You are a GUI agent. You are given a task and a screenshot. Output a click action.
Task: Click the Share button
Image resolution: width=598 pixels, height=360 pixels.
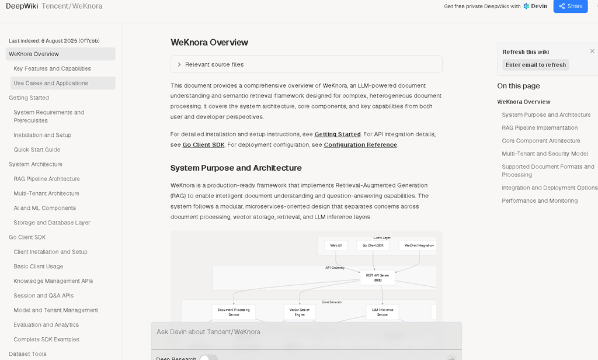[x=570, y=6]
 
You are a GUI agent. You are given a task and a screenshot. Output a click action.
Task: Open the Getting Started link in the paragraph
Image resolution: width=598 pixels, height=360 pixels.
[x=338, y=134]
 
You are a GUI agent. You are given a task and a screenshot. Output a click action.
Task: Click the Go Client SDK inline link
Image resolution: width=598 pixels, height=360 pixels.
[x=203, y=145]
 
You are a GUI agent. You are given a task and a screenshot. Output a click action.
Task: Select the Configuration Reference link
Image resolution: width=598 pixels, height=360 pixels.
[x=360, y=145]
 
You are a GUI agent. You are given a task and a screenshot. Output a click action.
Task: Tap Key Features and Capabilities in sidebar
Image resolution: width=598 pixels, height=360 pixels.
[x=52, y=69]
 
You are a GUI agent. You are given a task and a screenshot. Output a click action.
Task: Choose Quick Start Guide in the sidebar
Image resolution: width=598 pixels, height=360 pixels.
[x=37, y=150]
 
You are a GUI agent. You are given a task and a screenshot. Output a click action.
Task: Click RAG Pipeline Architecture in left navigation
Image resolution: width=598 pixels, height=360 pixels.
[x=47, y=179]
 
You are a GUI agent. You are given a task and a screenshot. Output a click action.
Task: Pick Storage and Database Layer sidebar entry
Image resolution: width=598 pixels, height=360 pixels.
[x=52, y=223]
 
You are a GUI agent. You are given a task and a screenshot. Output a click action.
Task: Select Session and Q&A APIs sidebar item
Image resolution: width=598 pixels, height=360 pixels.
[x=44, y=296]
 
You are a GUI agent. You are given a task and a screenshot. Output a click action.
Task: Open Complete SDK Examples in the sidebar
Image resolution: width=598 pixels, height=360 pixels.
[x=46, y=340]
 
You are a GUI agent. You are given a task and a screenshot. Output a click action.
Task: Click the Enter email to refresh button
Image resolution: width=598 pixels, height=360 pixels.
[x=536, y=65]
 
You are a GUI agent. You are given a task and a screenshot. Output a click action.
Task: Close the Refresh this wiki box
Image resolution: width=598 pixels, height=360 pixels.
[x=592, y=51]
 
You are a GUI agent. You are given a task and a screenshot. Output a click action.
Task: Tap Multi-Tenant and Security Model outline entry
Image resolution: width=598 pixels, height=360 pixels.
[x=545, y=154]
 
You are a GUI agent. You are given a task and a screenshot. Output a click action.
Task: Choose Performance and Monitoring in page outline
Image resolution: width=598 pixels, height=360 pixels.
[x=540, y=201]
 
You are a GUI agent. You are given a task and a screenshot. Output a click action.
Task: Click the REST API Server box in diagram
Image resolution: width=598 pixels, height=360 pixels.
[x=377, y=278]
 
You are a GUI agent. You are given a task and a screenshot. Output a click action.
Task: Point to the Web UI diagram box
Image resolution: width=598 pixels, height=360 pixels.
[x=336, y=245]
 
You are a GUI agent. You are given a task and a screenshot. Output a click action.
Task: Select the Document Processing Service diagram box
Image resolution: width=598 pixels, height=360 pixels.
[x=234, y=312]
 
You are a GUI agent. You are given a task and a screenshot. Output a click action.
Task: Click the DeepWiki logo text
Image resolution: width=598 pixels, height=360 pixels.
[x=21, y=6]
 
